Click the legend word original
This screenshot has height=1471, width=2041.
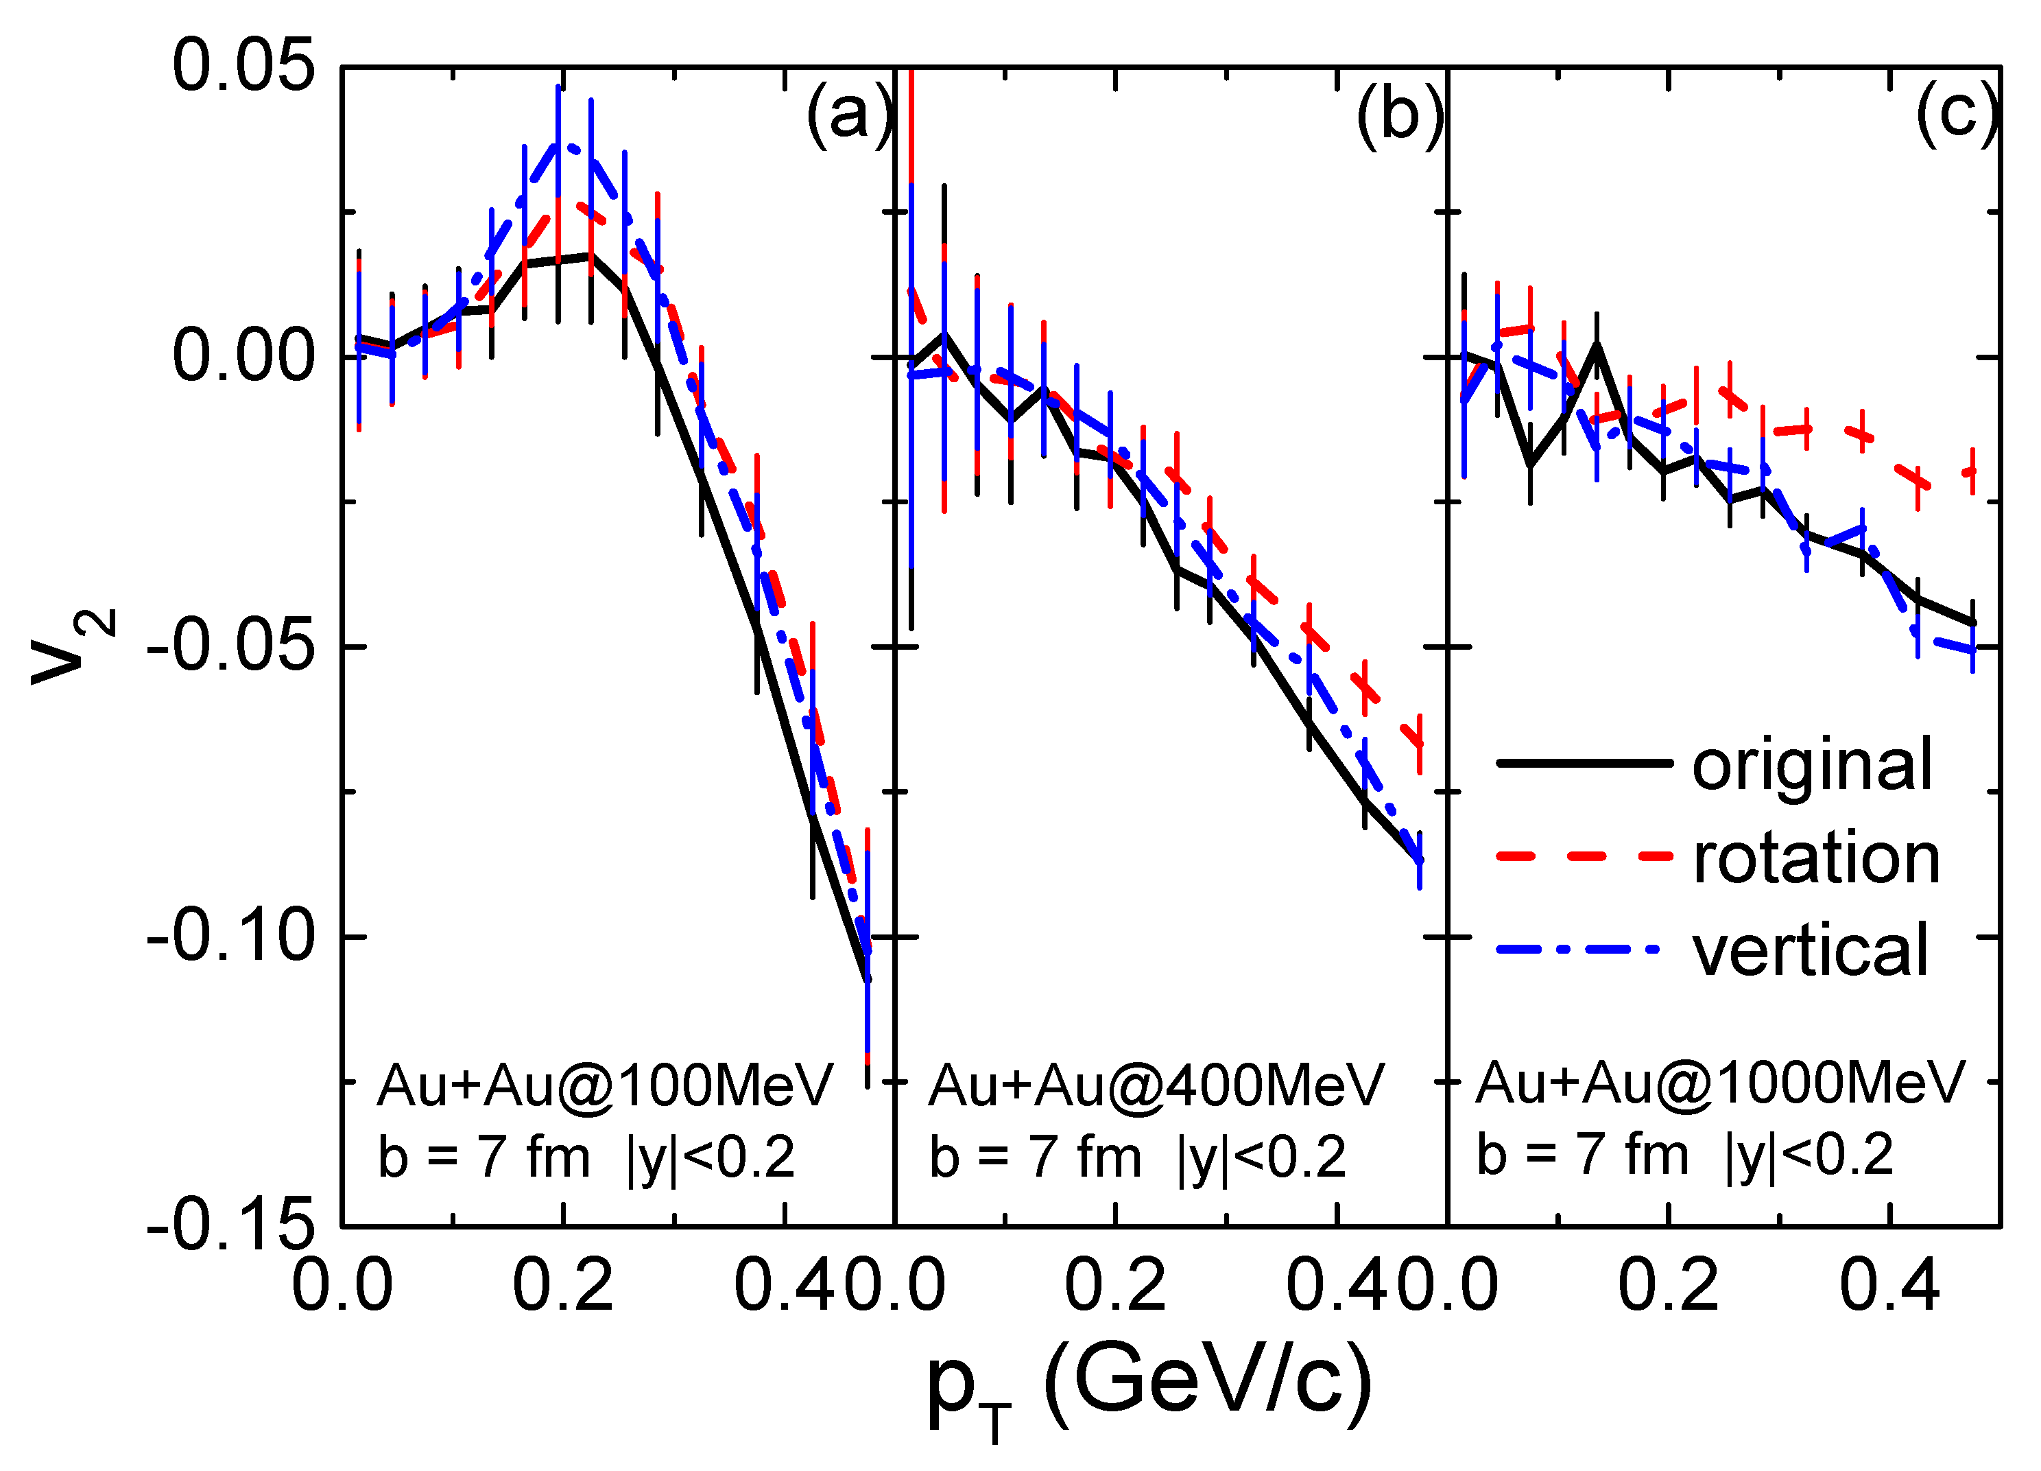(1811, 764)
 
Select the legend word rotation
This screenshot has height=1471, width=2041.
(1816, 857)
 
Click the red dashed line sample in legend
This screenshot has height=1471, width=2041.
(1583, 856)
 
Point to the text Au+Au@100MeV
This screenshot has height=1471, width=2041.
(605, 1085)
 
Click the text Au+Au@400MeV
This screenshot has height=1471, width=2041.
(1156, 1085)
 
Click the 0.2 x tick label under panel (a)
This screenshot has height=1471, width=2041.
(562, 1286)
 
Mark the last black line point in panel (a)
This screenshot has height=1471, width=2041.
(868, 980)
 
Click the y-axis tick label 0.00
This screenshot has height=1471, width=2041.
(244, 355)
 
